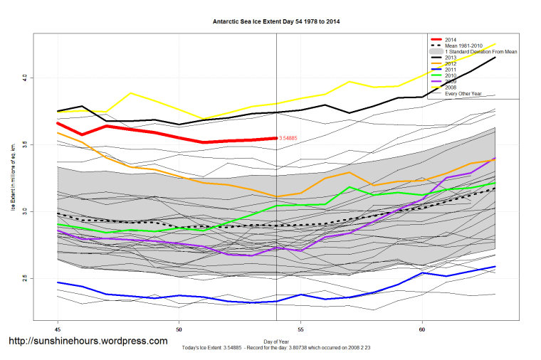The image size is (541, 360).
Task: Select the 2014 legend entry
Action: point(451,40)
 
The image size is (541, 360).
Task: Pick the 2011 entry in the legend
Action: point(451,70)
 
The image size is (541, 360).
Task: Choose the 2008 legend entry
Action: point(451,88)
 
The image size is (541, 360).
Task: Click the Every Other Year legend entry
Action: point(464,93)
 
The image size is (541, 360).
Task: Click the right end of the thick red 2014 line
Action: point(275,138)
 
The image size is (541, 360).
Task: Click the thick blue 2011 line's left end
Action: point(58,282)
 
